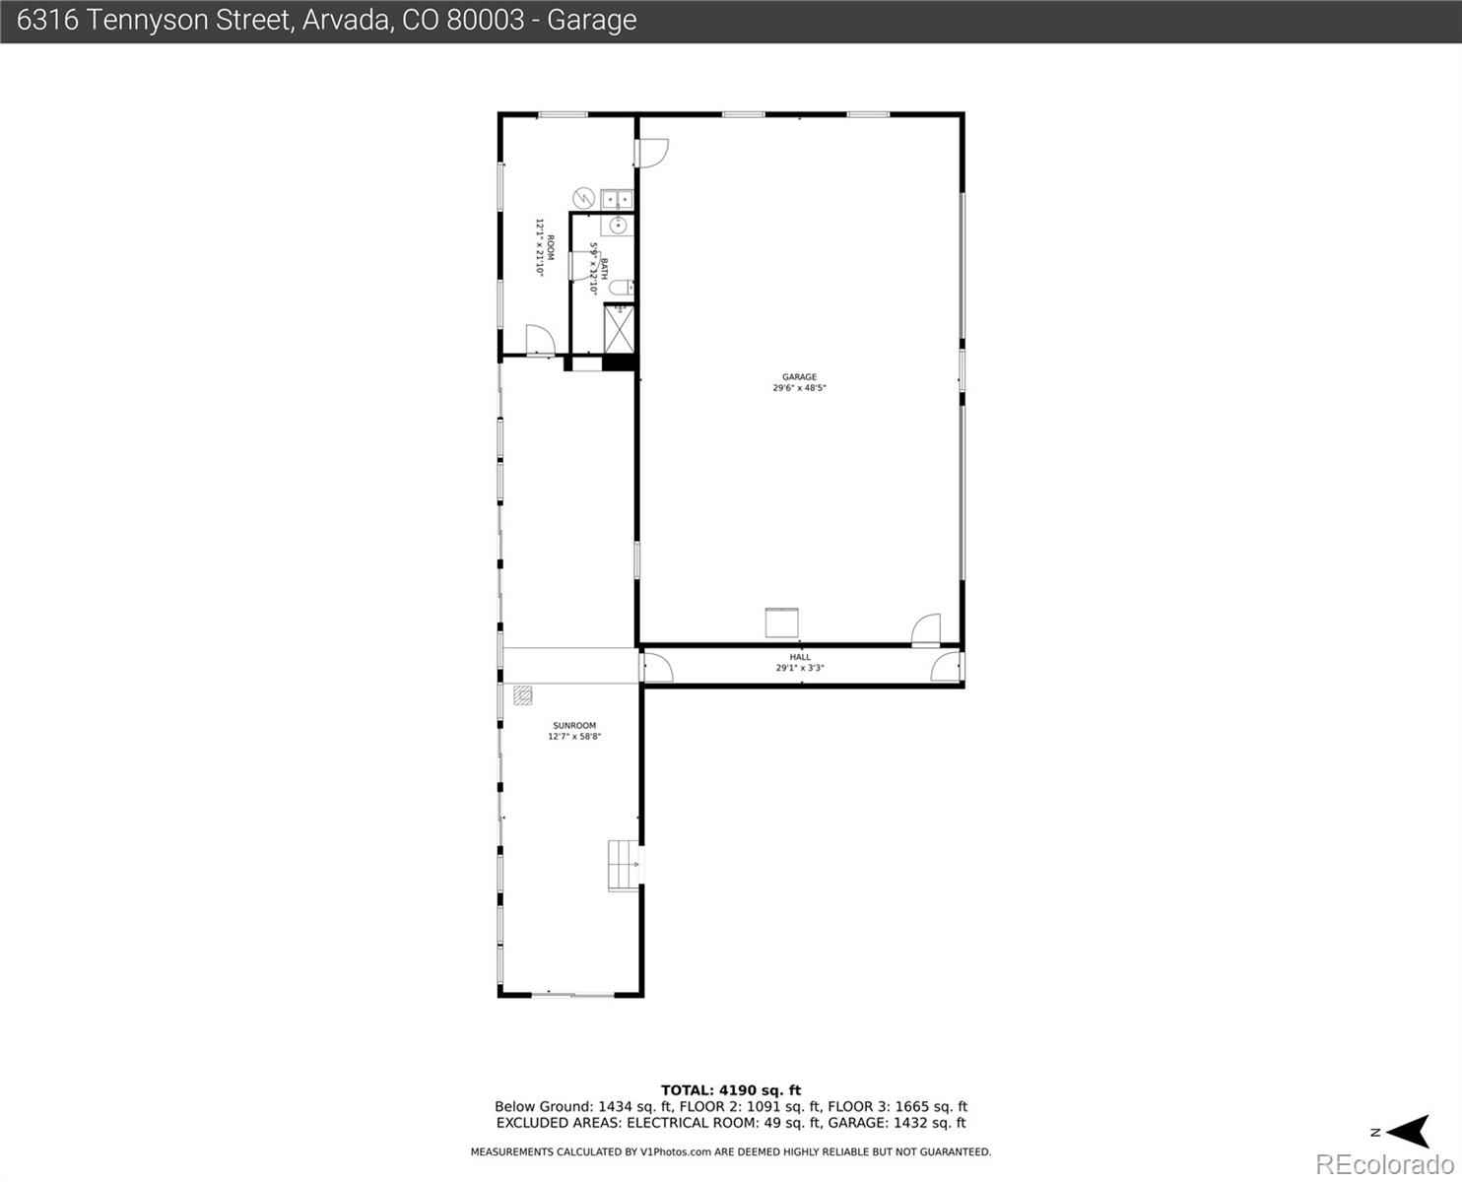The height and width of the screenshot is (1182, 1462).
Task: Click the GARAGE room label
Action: coord(799,376)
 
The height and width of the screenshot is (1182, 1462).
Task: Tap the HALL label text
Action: coord(799,657)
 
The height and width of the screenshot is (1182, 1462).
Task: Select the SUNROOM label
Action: coord(574,726)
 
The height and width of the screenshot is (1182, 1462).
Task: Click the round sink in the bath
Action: coord(618,226)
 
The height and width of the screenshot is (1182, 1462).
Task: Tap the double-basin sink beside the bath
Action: coord(617,199)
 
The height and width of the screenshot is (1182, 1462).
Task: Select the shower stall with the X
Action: coord(619,328)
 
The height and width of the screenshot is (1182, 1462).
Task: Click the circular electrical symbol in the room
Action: coord(583,198)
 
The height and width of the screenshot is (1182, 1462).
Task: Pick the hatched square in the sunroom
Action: coord(522,695)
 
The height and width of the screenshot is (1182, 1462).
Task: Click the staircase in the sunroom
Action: coord(623,865)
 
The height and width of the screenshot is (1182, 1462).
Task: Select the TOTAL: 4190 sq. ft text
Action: coord(730,1089)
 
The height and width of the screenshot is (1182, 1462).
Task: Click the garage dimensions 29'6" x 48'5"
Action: coord(799,388)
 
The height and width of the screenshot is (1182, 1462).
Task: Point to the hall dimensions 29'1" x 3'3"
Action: coord(799,668)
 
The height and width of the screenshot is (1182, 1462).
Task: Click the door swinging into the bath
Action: coord(579,266)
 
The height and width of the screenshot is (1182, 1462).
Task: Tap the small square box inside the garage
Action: coord(781,624)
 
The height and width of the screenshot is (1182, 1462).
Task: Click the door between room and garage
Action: coord(651,153)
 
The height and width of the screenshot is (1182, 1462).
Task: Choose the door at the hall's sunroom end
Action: coord(657,668)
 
